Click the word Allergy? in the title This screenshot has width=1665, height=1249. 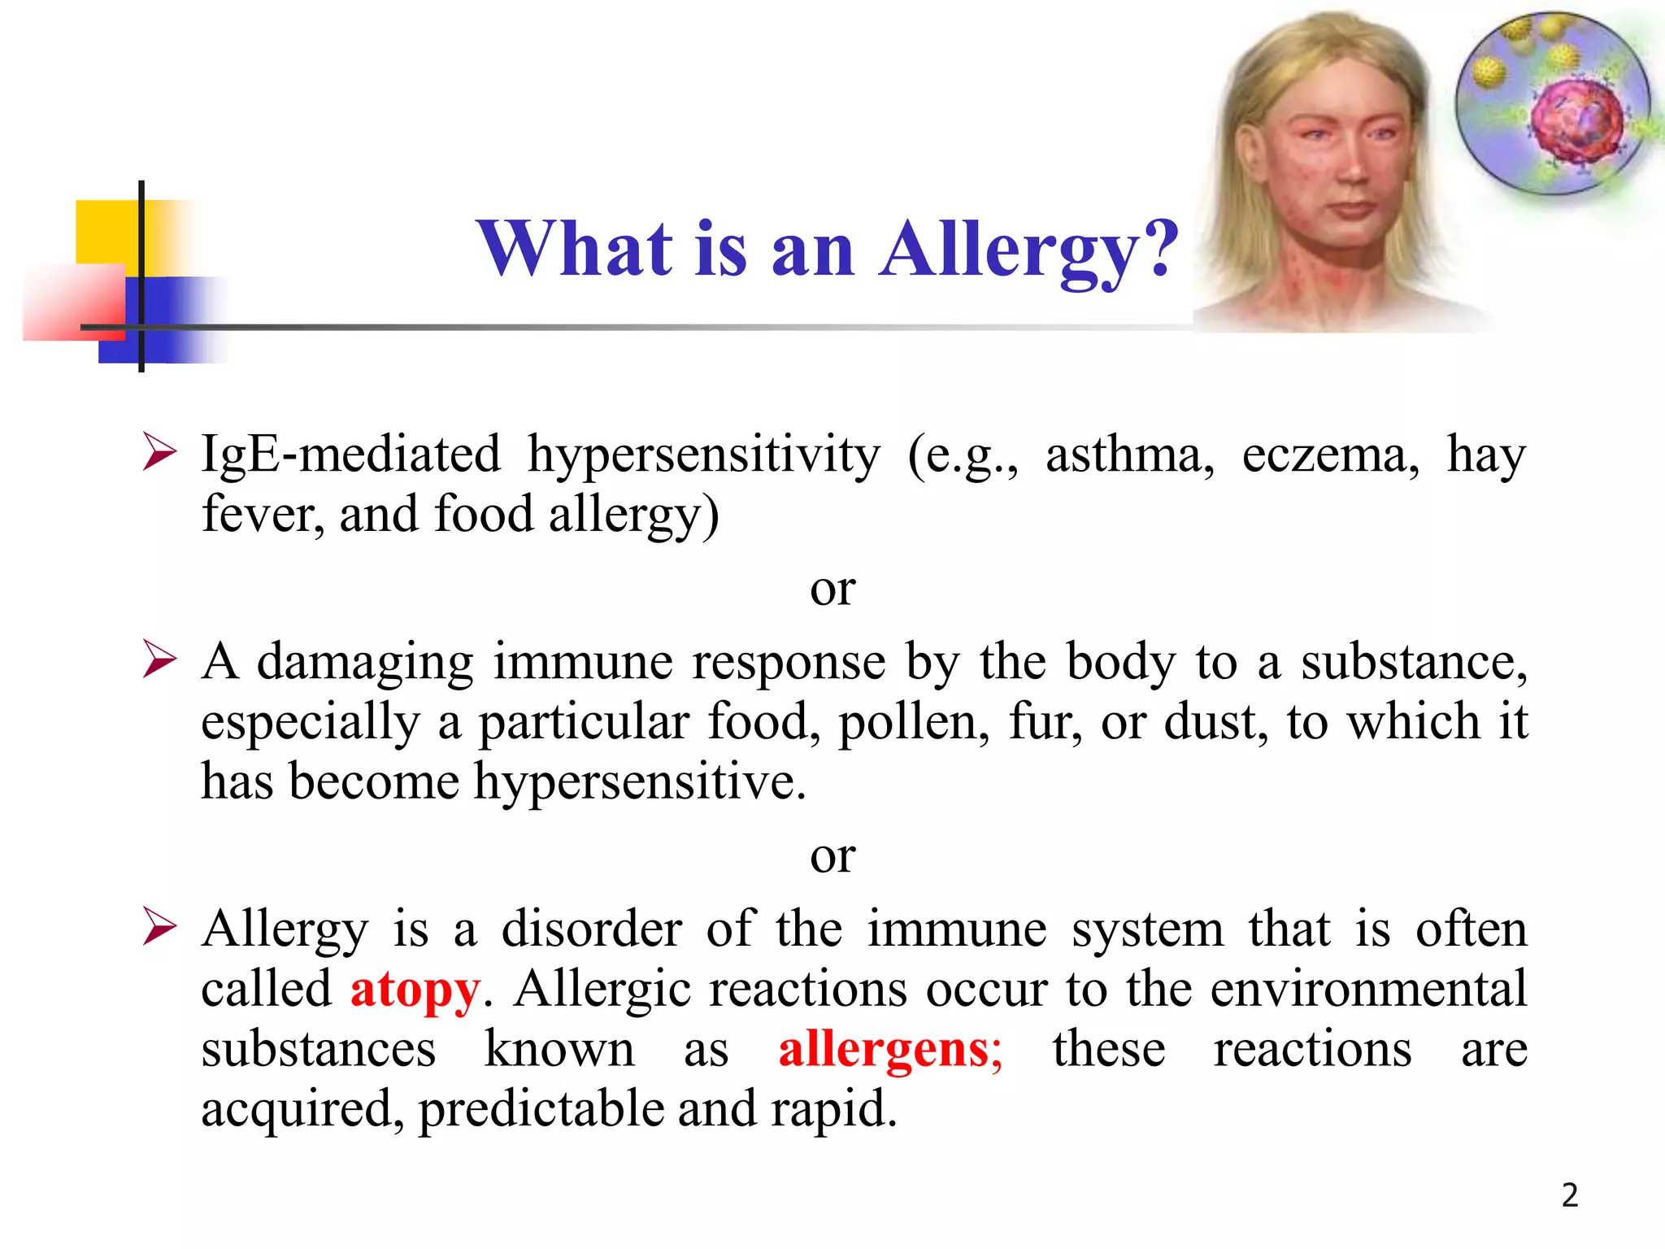tap(1029, 249)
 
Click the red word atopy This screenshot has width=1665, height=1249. tap(415, 990)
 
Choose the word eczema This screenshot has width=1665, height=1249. tap(1330, 455)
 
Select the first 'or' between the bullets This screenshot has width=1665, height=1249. tap(832, 588)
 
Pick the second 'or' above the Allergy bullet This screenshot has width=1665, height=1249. tap(832, 855)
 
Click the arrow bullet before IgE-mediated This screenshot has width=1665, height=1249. tap(159, 451)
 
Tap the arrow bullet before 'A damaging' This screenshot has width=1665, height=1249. tap(159, 659)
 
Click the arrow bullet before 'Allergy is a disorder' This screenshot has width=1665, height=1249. tap(159, 927)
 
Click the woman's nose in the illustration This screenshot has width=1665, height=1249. tap(1353, 163)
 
